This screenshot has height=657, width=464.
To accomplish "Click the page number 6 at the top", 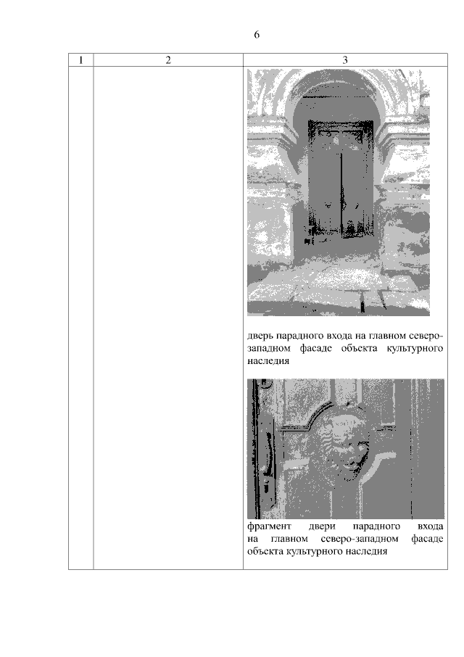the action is click(257, 34).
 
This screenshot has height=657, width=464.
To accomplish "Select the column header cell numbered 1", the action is click(80, 60).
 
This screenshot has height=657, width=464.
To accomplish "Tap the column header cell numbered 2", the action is click(168, 60).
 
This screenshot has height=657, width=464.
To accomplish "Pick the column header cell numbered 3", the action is click(345, 60).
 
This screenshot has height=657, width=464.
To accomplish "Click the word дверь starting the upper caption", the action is click(260, 336).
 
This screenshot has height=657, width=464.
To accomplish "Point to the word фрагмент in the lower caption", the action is click(269, 526).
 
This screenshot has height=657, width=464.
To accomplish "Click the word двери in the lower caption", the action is click(322, 526).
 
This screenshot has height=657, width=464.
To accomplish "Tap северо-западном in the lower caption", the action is click(360, 539).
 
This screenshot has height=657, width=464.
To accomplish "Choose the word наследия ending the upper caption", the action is click(268, 361).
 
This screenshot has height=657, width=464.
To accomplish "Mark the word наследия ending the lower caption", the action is click(366, 551).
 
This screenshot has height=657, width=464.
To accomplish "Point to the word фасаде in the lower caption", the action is click(427, 539).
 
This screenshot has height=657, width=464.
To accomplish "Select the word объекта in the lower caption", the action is click(265, 551).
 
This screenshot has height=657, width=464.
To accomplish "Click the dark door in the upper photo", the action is click(341, 179).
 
